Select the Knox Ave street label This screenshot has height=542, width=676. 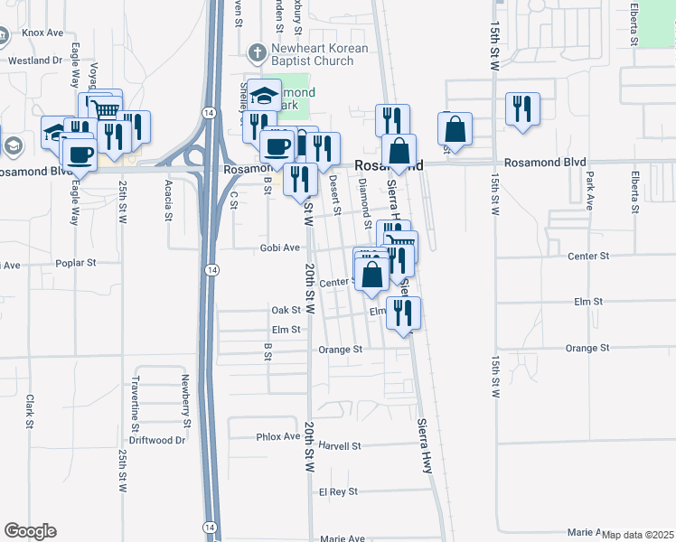point(43,33)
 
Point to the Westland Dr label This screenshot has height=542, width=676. point(34,61)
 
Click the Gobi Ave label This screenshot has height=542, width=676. point(279,248)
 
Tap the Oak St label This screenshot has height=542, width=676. point(286,310)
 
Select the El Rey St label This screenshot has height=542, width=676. point(338,492)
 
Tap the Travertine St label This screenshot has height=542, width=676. point(136,402)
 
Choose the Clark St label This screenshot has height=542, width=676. point(30,411)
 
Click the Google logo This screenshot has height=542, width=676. point(30,531)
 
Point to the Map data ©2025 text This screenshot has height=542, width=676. point(637,535)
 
